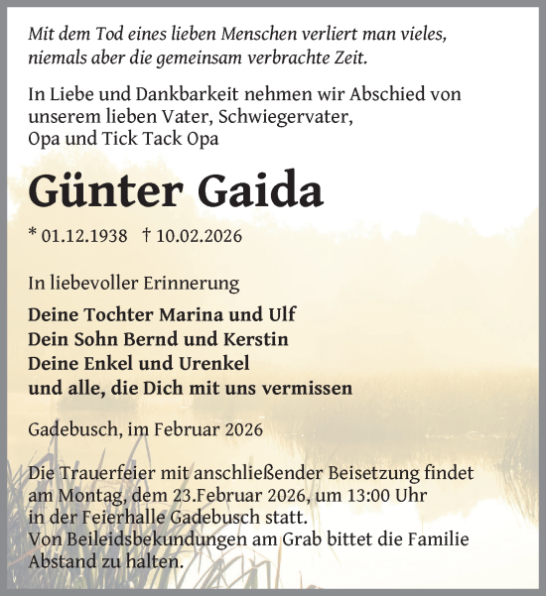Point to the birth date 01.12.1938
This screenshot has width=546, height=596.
point(85,236)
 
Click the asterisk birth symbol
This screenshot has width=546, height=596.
point(33,234)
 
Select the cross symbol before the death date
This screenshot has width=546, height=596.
point(147,236)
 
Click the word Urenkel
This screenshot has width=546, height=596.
point(213,363)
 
